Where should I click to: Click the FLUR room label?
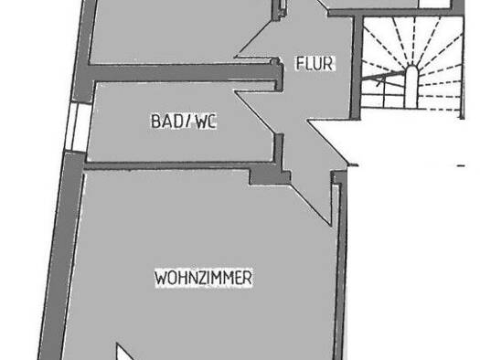pyautogui.click(x=315, y=64)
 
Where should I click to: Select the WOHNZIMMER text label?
pyautogui.click(x=203, y=276)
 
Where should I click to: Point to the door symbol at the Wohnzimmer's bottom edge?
pyautogui.click(x=128, y=352)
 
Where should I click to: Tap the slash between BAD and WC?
pyautogui.click(x=187, y=121)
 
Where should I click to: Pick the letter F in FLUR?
pyautogui.click(x=298, y=64)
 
